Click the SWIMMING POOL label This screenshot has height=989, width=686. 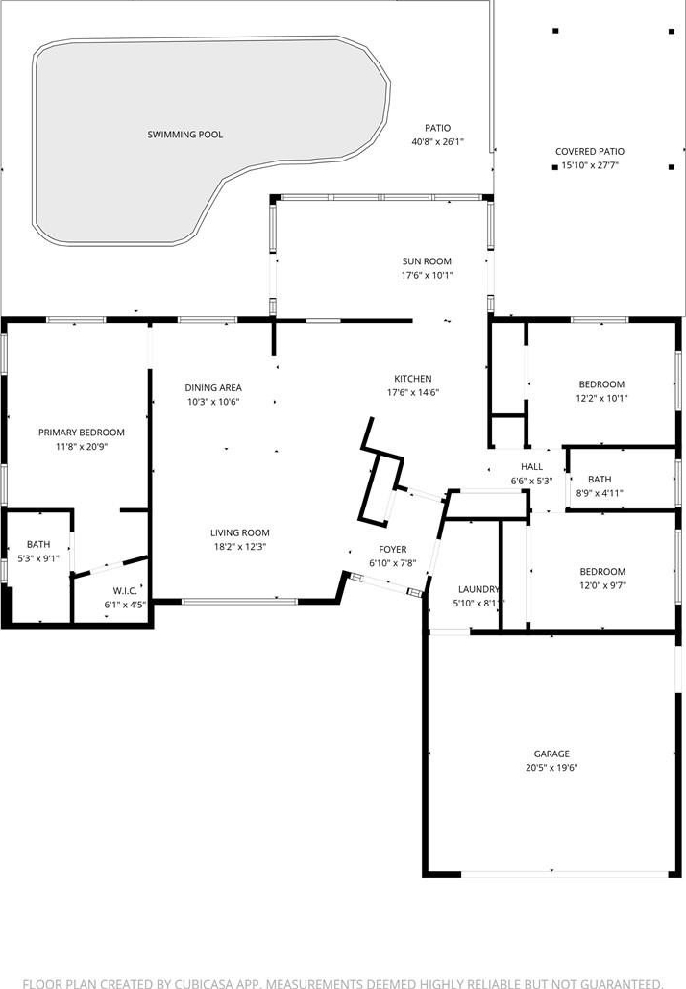tap(184, 135)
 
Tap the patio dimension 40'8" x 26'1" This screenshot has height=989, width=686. tap(437, 142)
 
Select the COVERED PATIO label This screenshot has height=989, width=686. tap(590, 152)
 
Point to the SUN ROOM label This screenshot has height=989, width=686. tap(427, 261)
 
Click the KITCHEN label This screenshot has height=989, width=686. tap(413, 379)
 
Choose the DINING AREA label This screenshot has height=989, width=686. tap(213, 388)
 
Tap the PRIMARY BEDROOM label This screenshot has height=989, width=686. tap(82, 433)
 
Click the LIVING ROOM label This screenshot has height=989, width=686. tap(239, 533)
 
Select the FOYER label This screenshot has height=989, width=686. tap(393, 550)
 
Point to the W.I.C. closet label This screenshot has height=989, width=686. tap(125, 591)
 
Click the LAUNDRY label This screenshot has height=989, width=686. tap(478, 589)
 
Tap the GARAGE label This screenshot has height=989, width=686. tap(551, 754)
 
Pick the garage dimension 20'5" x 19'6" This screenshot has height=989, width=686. tap(551, 768)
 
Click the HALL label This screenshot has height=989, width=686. tap(531, 467)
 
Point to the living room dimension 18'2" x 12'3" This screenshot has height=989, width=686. tap(239, 547)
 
